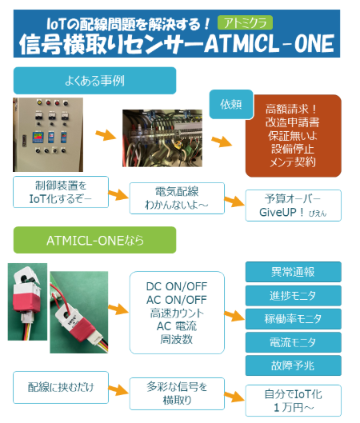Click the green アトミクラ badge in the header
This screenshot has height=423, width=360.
245,22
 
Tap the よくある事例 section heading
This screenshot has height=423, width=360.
94,81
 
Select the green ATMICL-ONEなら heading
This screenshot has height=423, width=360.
94,240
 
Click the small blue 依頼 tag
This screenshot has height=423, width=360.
230,104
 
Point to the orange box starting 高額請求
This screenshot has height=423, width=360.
294,136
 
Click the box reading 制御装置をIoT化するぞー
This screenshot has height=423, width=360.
61,192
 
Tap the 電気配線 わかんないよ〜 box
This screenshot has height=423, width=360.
177,198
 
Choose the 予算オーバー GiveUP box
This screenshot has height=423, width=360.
294,206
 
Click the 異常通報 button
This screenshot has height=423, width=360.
294,272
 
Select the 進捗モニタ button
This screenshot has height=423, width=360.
294,296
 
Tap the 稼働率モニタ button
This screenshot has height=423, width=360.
294,319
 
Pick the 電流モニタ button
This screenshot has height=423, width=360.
294,342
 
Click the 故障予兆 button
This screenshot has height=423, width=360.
294,365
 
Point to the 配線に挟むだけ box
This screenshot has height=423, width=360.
61,387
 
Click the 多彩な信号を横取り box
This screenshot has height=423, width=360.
177,393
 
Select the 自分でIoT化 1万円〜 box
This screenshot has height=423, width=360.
294,401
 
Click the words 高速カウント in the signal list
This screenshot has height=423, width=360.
177,313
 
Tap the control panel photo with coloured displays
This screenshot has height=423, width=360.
48,134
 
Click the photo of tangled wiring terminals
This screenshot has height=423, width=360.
162,138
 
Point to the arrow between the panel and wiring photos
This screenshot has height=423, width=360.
106,134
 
